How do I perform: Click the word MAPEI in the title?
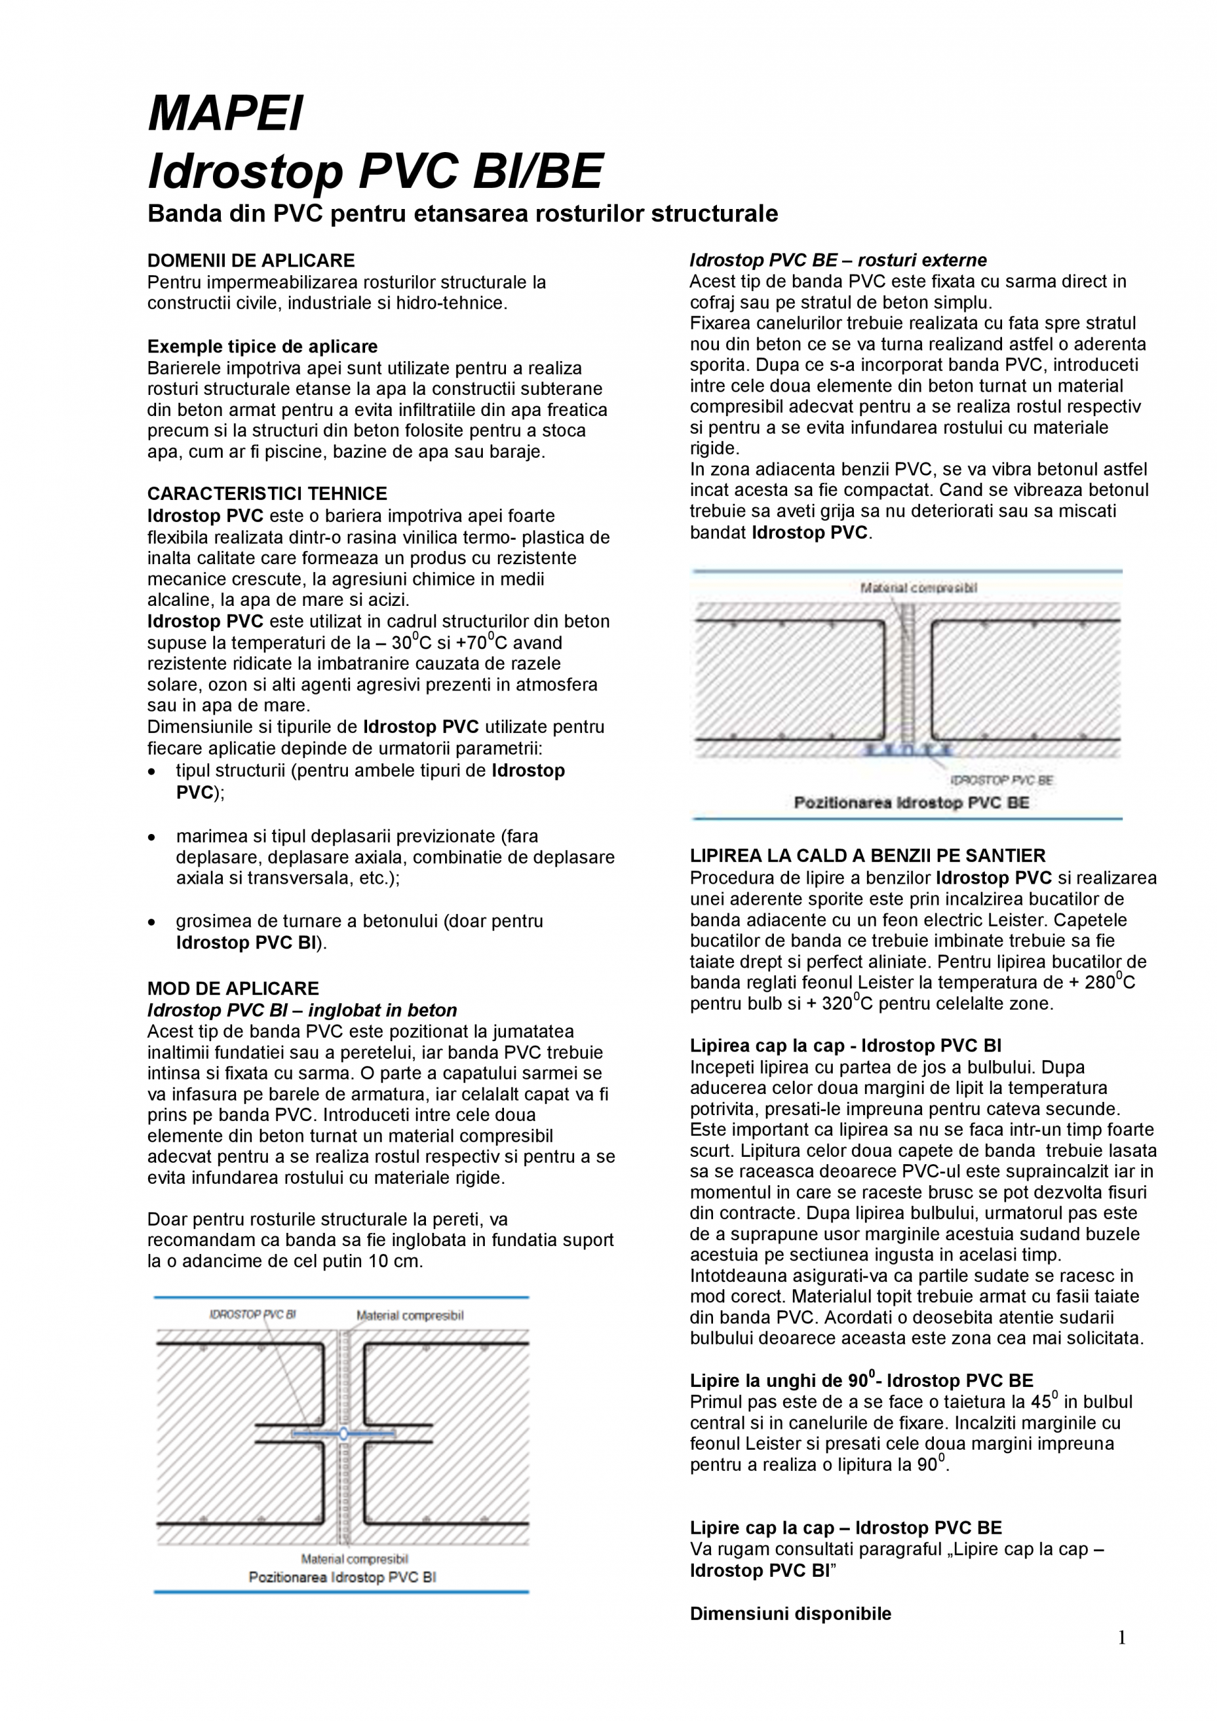226,113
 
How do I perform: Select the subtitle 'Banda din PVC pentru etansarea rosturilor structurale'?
462,214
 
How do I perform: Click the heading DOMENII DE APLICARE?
251,260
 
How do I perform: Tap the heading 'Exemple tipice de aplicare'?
263,347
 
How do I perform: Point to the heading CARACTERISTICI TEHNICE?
267,493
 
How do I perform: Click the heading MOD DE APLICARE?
233,988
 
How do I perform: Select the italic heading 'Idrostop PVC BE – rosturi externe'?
838,260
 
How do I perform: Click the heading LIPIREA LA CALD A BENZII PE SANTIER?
867,855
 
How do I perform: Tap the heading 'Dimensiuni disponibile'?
790,1614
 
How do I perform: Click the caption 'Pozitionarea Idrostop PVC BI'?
342,1577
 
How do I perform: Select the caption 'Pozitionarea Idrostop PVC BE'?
911,803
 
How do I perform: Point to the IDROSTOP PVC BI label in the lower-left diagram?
253,1314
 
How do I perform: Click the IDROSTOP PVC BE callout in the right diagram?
1002,780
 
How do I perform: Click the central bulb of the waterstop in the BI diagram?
343,1434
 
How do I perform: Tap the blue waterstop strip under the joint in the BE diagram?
907,749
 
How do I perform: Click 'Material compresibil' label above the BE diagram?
918,587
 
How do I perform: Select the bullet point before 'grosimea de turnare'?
152,922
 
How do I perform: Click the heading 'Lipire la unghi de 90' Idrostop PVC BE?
861,1380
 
